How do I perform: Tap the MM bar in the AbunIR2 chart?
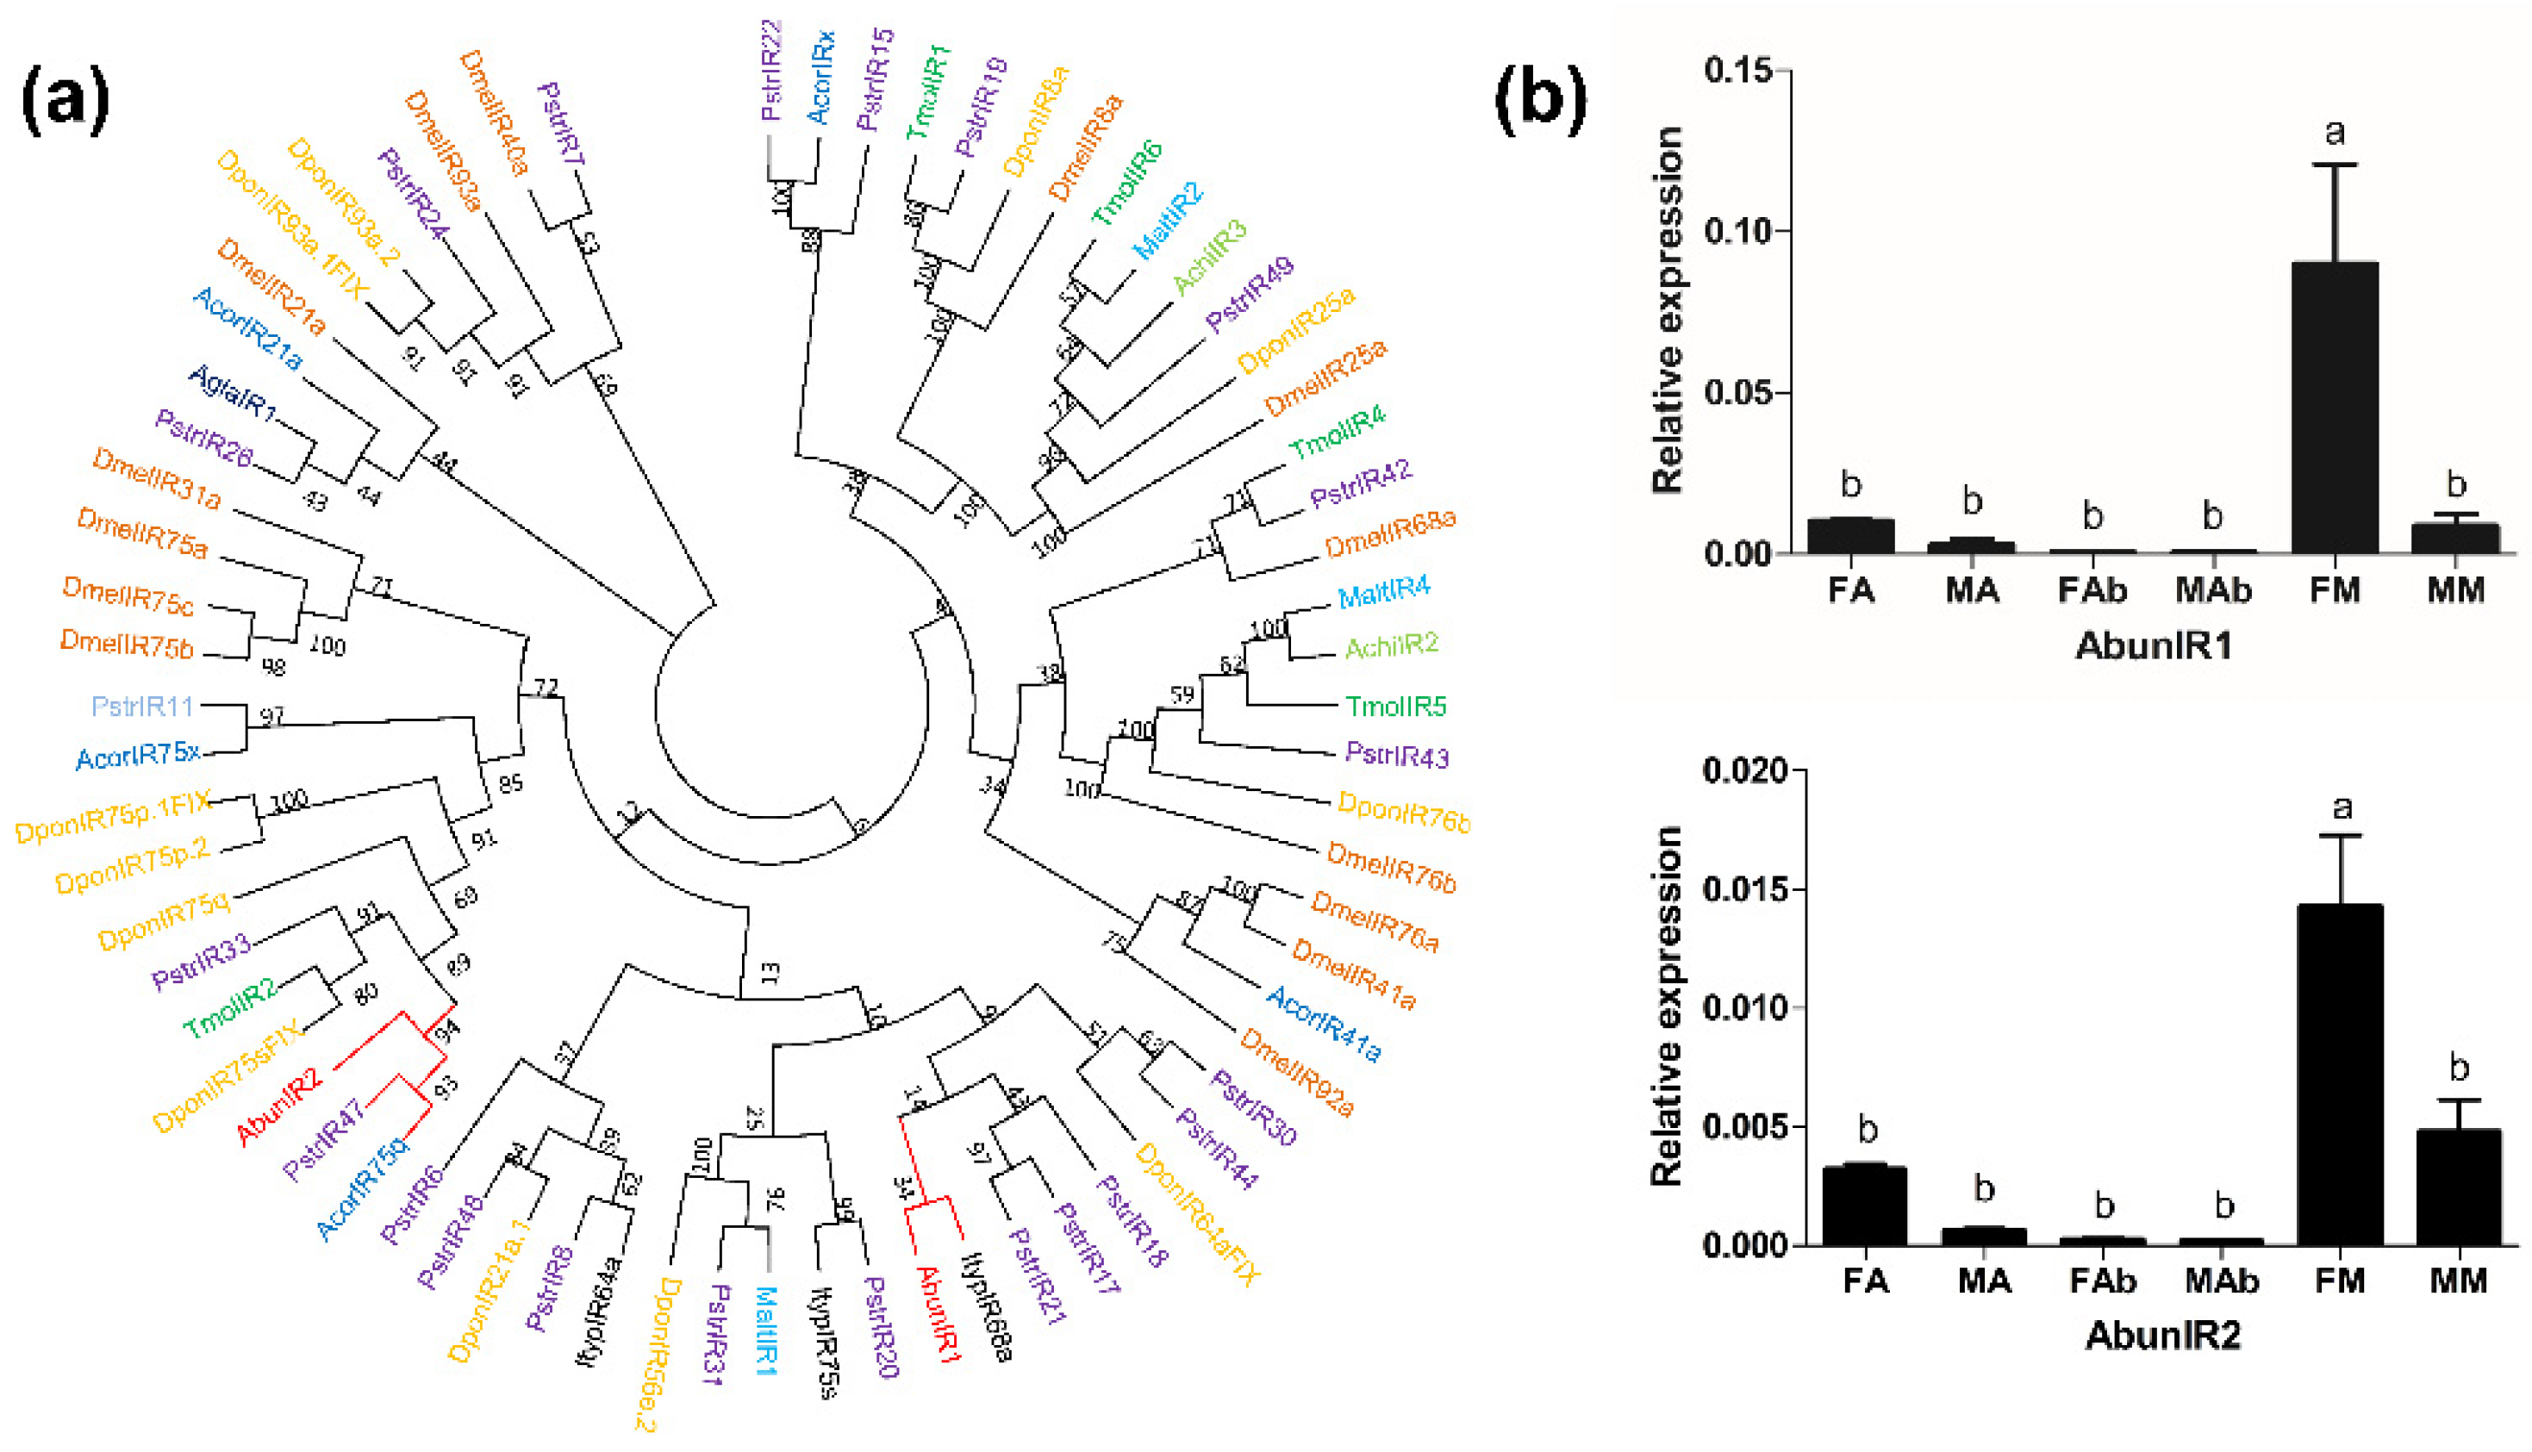point(2458,1187)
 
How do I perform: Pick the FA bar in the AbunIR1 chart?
point(1851,535)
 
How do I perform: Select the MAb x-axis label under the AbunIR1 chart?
point(2213,590)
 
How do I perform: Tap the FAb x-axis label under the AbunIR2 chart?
point(2102,1281)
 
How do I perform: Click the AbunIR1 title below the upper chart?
point(2153,646)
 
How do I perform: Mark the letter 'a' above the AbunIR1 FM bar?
point(2335,133)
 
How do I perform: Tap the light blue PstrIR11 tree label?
point(141,706)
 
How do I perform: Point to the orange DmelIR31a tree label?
point(157,477)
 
